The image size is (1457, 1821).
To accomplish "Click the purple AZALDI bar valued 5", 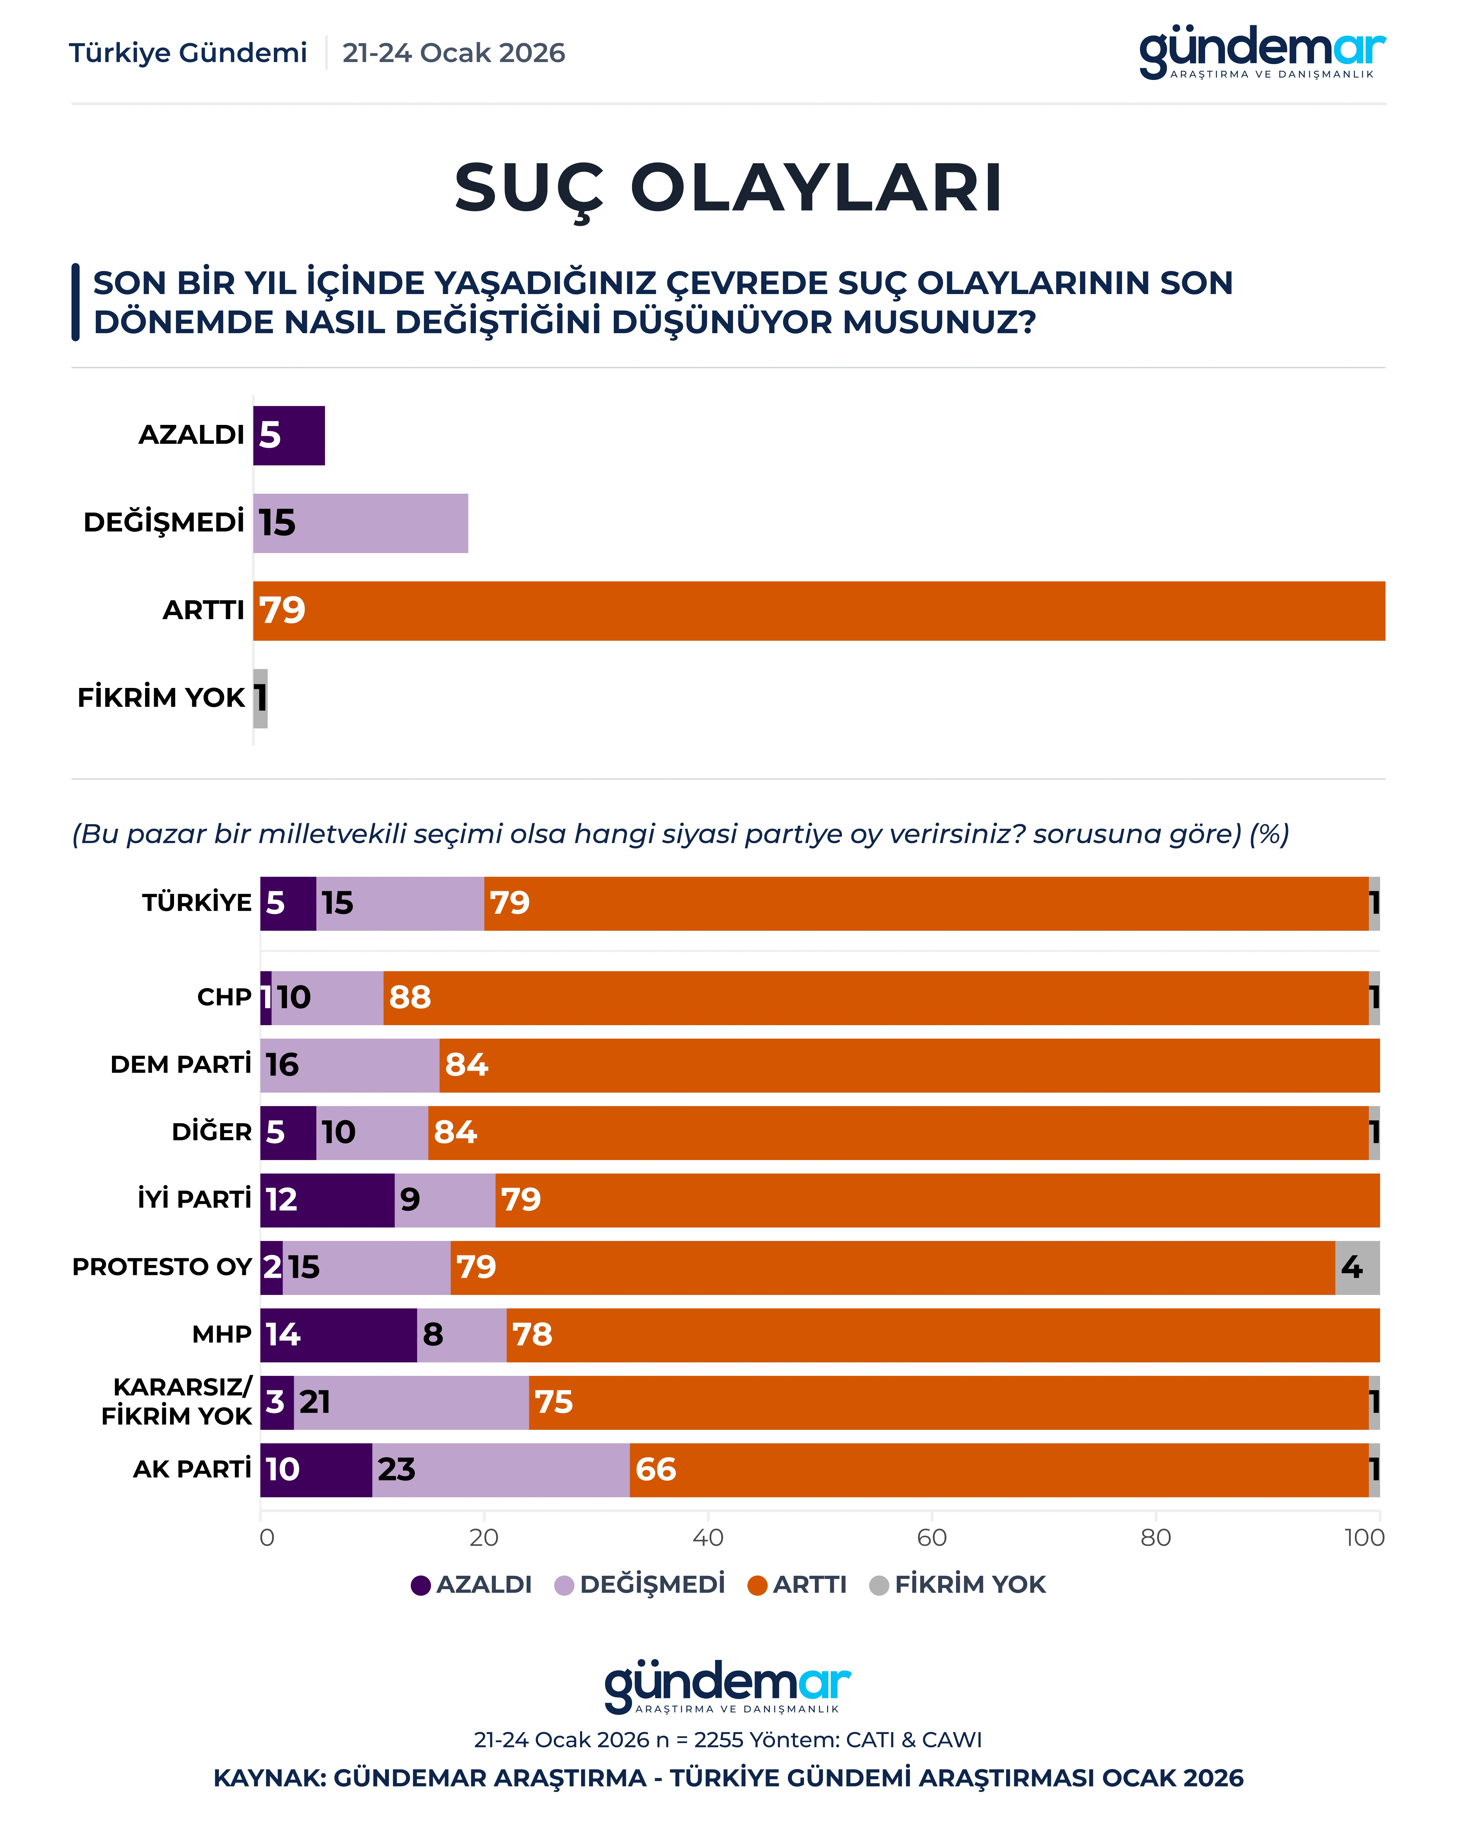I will tap(289, 436).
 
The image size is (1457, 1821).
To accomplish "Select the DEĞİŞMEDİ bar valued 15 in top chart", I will tap(361, 524).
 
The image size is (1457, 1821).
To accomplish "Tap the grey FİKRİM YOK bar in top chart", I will tap(260, 698).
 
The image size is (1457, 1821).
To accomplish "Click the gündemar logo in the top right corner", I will tap(1262, 52).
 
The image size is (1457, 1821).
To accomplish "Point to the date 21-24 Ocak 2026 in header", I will tap(454, 53).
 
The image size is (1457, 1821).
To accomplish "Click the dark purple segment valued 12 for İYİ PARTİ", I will tap(327, 1200).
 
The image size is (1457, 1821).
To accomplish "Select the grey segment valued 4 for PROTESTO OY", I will tap(1356, 1268).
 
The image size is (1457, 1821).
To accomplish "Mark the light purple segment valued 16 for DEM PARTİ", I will tap(350, 1065).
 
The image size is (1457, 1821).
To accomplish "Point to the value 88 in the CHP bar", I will tap(410, 998).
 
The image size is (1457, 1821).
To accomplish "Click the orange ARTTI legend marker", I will tap(758, 1585).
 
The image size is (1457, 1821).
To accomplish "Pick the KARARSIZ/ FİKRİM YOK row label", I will tap(177, 1402).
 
